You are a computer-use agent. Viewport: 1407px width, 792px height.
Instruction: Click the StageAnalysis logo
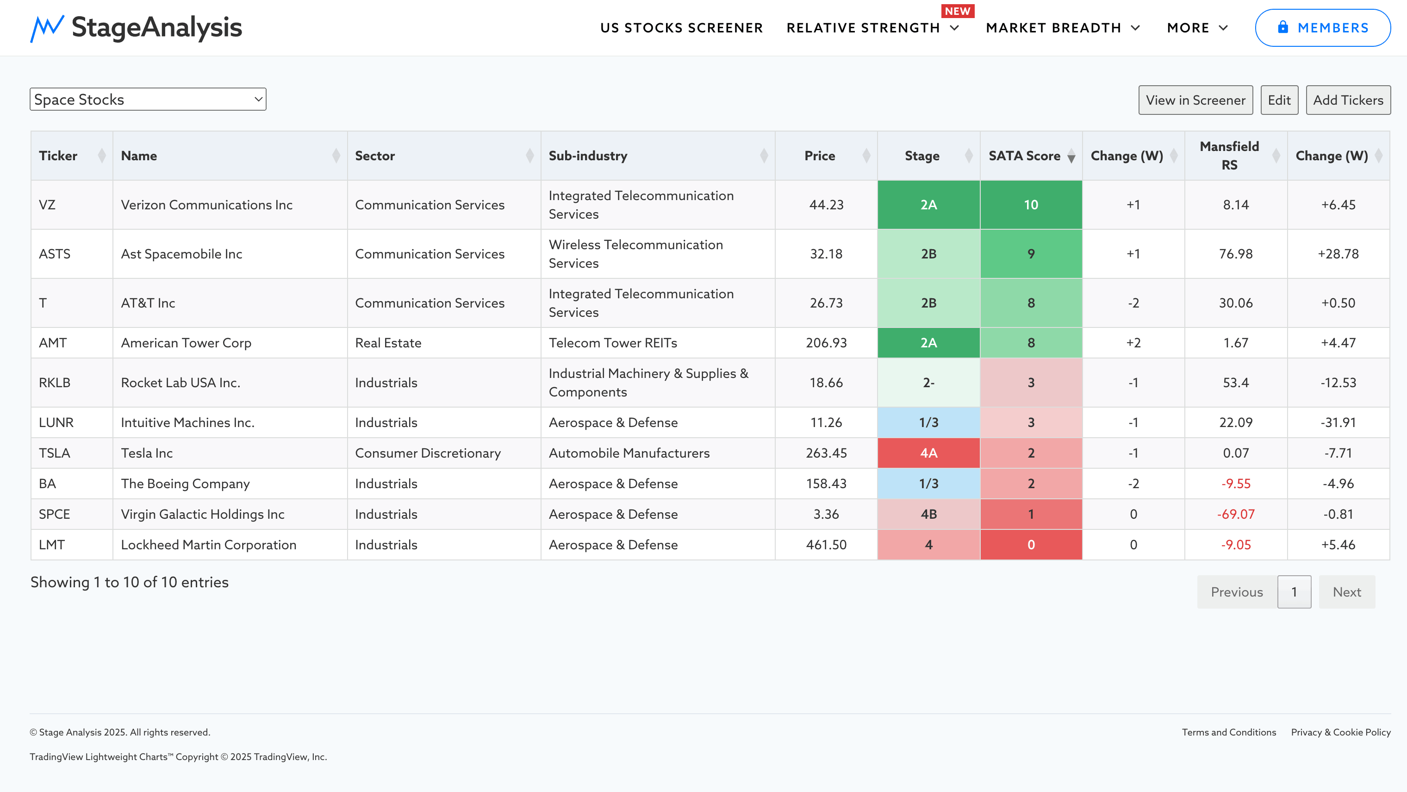(x=136, y=28)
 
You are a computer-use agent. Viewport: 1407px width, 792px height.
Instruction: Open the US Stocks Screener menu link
(x=681, y=28)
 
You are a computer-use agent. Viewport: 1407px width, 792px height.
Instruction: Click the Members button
(x=1322, y=28)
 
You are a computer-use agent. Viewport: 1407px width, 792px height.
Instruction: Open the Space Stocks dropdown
(x=148, y=100)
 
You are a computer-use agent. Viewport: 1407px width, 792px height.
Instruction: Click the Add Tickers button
(x=1347, y=100)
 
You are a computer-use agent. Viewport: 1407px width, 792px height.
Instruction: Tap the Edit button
(x=1279, y=100)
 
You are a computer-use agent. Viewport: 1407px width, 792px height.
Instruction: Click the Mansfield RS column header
(x=1229, y=156)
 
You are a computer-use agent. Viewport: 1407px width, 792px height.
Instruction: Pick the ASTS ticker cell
(x=55, y=254)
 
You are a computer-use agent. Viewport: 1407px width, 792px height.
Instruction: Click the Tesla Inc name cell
(x=147, y=453)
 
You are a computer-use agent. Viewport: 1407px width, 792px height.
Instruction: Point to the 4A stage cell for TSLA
(x=928, y=453)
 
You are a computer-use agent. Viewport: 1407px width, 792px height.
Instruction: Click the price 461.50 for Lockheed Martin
(x=826, y=545)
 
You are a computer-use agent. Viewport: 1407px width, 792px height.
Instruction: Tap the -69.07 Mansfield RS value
(x=1235, y=514)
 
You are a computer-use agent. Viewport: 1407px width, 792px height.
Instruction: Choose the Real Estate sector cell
(x=388, y=343)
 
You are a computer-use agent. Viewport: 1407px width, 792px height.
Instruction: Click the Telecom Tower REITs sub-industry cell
(x=613, y=343)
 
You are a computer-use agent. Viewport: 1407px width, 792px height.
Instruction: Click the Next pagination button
(x=1346, y=592)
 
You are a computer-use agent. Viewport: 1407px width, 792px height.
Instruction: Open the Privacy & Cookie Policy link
(x=1340, y=732)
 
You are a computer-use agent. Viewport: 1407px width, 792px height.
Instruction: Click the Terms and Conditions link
(x=1228, y=732)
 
